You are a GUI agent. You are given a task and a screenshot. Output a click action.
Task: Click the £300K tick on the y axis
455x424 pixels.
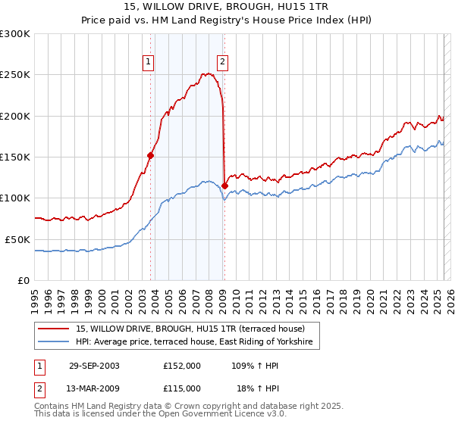14,34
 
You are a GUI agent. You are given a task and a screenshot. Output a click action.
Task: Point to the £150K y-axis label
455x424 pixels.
14,157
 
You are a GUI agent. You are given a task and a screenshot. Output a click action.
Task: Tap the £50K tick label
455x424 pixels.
17,239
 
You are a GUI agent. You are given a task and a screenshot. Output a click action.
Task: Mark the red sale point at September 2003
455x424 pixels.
151,155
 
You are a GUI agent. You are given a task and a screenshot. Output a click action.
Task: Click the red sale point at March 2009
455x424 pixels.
224,185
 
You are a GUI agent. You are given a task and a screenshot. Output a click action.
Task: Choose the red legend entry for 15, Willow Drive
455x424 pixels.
190,329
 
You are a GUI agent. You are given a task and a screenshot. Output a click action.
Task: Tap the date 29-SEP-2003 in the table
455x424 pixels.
94,365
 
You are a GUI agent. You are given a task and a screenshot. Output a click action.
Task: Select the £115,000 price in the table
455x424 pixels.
182,388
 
